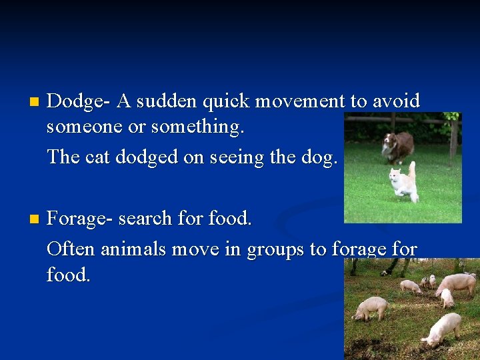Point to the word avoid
pyautogui.click(x=395, y=101)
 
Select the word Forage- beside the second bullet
pyautogui.click(x=79, y=219)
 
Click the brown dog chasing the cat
pyautogui.click(x=398, y=145)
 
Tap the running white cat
pyautogui.click(x=402, y=182)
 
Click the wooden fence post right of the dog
pyautogui.click(x=453, y=137)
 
